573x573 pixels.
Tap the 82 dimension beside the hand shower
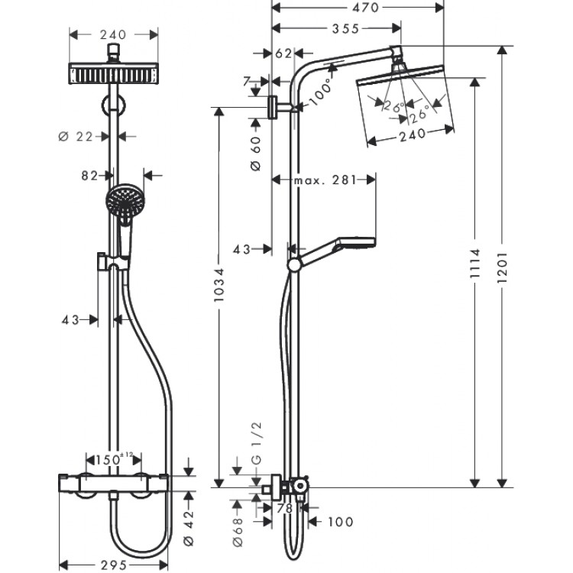(x=90, y=175)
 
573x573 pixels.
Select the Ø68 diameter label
(x=237, y=525)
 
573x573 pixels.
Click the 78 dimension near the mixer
(x=284, y=507)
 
